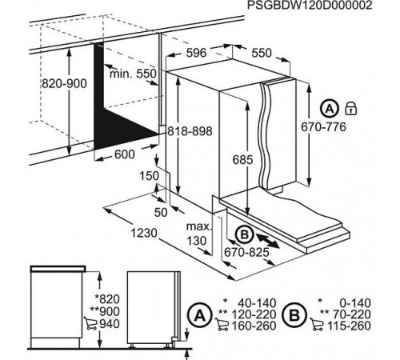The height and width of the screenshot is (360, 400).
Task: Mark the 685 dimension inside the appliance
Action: coord(232,159)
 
